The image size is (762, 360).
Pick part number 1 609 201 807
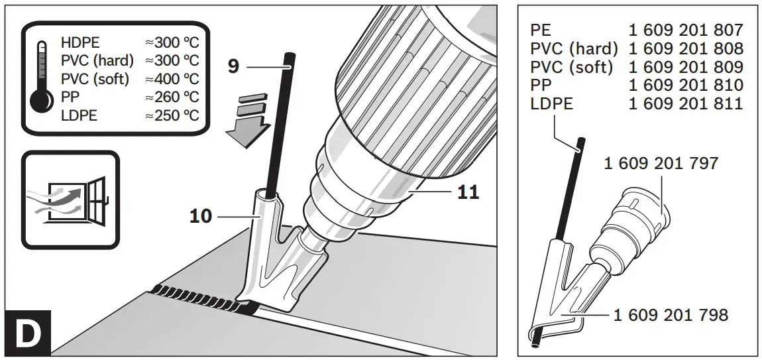point(685,30)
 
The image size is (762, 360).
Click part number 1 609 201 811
point(685,104)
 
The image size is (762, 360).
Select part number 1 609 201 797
point(661,163)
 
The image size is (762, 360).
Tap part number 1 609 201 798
point(671,315)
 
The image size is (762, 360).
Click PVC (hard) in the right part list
point(574,48)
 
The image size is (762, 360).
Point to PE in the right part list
point(542,30)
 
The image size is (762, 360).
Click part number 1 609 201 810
point(685,86)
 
